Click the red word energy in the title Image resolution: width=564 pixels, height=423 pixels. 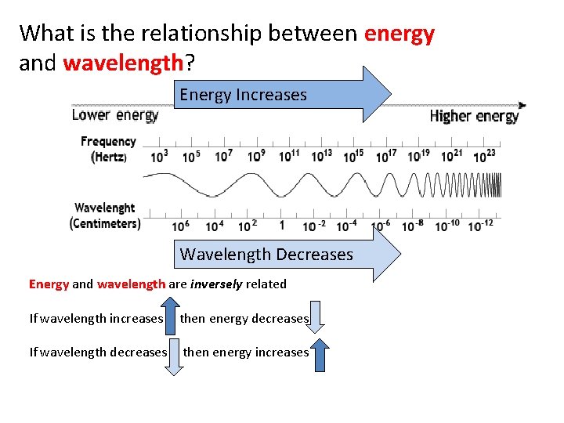pos(399,34)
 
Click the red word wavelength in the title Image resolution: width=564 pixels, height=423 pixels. pos(123,63)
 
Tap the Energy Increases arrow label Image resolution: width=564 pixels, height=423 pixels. pos(243,95)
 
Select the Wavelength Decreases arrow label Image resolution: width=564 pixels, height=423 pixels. pos(266,255)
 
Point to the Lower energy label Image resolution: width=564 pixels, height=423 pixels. pos(115,115)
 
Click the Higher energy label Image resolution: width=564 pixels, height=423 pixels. pos(474,116)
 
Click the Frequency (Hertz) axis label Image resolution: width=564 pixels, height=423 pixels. pos(108,149)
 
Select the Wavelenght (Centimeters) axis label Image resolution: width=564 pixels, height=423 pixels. pos(105,215)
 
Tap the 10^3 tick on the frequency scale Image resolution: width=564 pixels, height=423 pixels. pos(159,156)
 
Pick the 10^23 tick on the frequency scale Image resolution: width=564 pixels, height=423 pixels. pos(485,156)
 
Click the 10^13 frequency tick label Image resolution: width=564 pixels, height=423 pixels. pos(322,156)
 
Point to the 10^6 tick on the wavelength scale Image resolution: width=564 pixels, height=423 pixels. pos(180,226)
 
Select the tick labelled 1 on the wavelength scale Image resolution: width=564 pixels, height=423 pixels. pos(282,225)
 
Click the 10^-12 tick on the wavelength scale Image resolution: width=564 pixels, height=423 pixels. pos(480,226)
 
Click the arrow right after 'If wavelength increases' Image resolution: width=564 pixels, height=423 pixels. pos(173,318)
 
